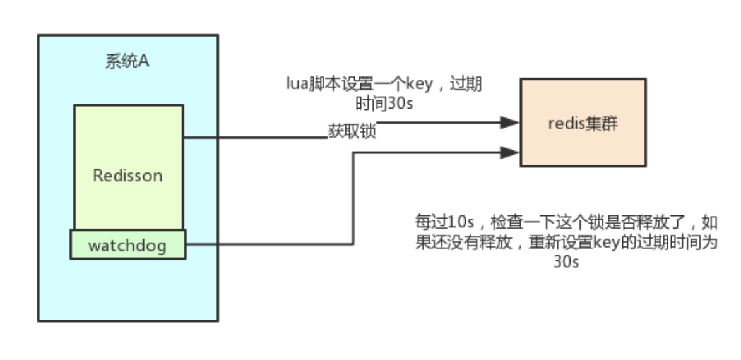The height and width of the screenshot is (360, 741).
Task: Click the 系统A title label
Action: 127,63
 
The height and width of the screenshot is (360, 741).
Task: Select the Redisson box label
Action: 127,175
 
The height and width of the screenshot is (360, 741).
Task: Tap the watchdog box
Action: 127,244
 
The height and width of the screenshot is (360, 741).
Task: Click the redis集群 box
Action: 583,123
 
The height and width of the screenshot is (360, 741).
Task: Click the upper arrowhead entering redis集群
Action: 510,123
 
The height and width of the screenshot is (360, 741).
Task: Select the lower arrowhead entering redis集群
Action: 510,152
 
